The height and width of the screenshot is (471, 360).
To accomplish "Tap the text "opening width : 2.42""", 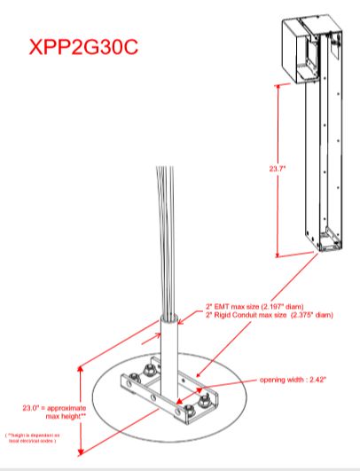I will coord(293,381).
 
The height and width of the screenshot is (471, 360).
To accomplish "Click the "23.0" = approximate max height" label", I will coord(45,412).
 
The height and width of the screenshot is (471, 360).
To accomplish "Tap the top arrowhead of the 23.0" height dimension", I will coord(82,365).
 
